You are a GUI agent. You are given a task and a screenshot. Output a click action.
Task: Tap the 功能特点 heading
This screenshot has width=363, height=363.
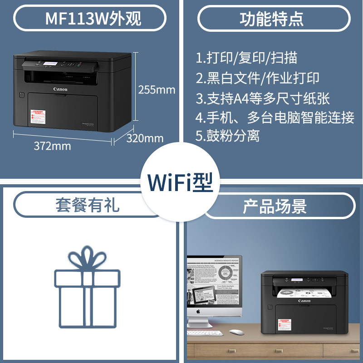coord(272,19)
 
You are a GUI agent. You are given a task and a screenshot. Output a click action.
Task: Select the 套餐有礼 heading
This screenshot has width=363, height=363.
coord(87,205)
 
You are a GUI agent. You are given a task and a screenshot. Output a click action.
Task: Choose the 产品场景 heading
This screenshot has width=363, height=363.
coord(275,206)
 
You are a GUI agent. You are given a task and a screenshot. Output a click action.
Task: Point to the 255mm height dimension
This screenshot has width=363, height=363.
coord(156,89)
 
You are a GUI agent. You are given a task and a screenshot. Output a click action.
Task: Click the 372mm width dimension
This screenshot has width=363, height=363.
coord(52,146)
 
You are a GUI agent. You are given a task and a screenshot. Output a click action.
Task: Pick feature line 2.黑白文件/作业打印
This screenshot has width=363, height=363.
coord(257,78)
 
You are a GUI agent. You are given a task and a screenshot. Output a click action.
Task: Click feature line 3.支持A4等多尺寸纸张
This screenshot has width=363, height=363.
coord(263,98)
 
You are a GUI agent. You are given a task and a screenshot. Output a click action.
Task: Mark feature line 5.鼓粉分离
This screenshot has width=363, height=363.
coord(228,136)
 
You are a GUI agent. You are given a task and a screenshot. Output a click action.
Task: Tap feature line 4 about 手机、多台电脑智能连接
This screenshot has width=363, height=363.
coord(275,117)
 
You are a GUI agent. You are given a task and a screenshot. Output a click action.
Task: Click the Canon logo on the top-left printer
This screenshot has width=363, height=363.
coord(60,89)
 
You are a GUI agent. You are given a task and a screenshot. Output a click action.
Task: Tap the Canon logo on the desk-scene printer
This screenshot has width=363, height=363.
coord(304,301)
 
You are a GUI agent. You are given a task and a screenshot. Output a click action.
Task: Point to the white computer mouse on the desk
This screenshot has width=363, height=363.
coord(236,332)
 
